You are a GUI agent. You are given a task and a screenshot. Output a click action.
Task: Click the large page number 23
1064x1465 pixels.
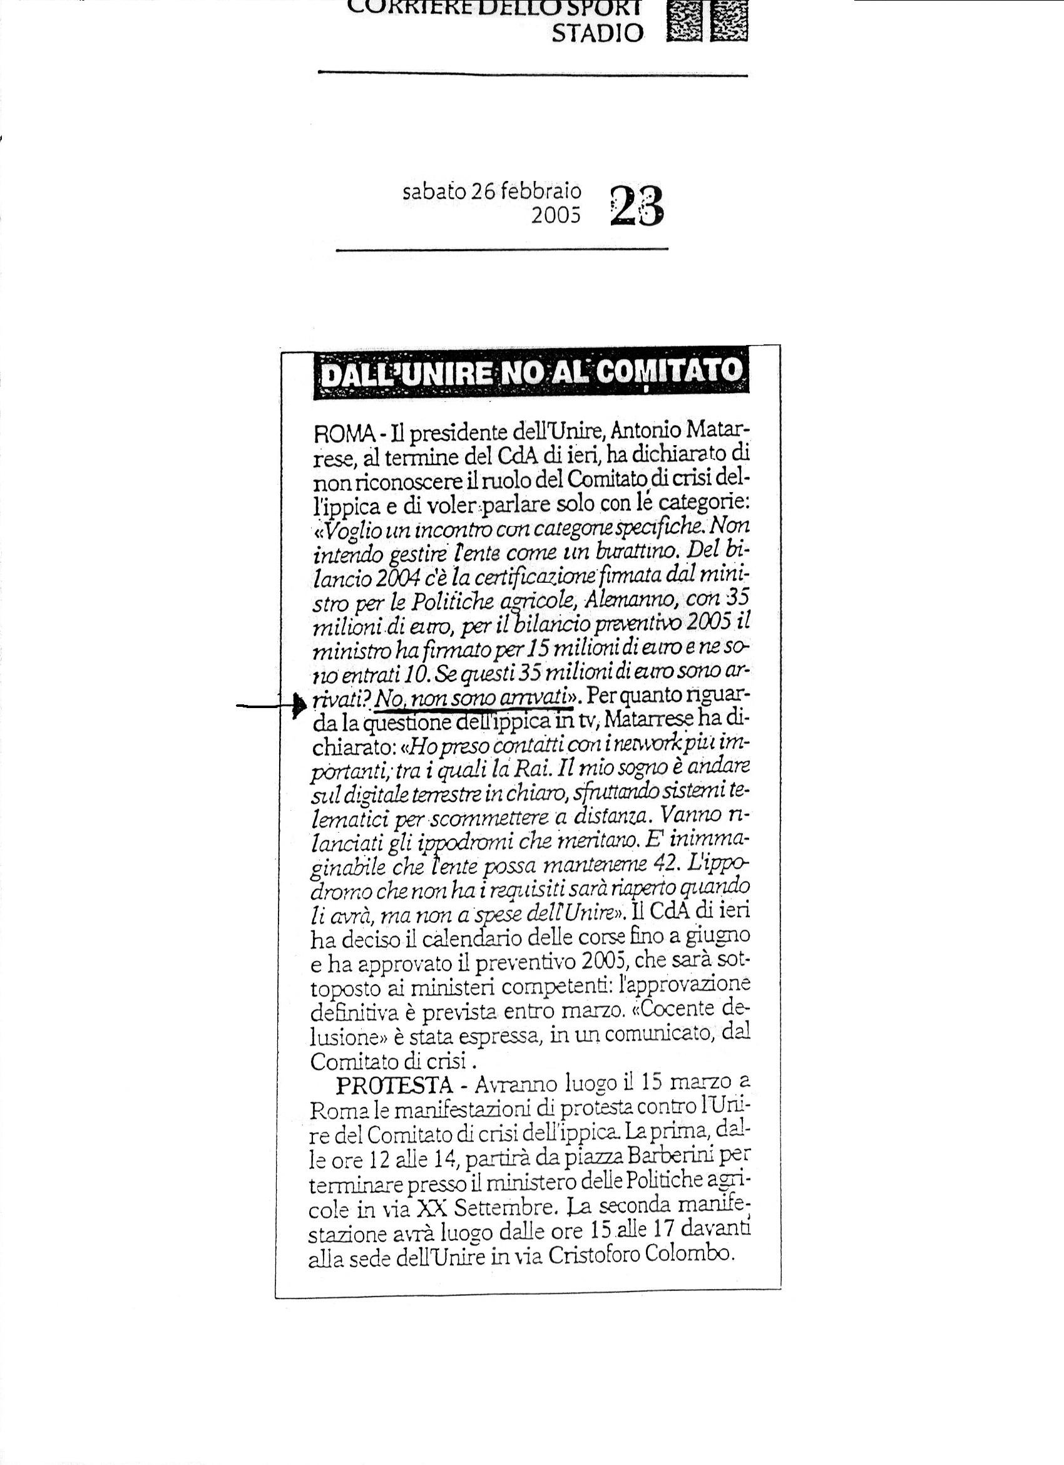637,205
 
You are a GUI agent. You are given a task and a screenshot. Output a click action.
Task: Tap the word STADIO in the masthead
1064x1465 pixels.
597,34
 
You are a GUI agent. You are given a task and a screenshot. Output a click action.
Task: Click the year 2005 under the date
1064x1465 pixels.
556,217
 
